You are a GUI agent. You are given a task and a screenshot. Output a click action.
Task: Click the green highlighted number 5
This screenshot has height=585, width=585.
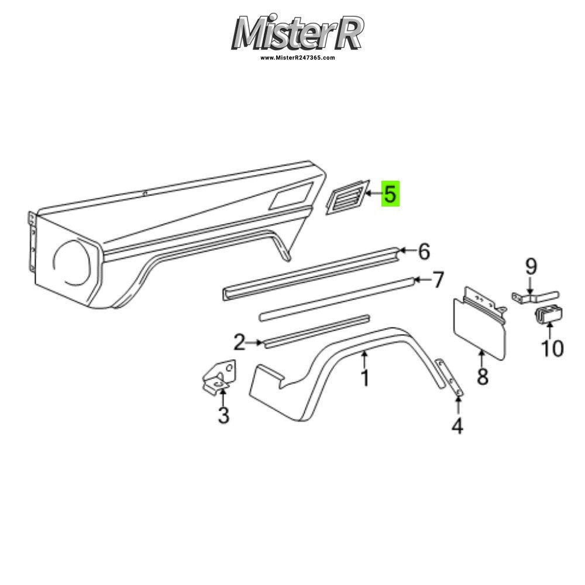390,194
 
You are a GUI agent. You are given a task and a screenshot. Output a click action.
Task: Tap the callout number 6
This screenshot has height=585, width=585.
424,251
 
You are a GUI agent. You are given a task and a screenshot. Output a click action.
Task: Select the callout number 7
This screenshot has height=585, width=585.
437,280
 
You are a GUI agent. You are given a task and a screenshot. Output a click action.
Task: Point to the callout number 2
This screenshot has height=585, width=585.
239,342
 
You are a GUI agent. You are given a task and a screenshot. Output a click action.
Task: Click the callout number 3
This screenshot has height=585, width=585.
223,415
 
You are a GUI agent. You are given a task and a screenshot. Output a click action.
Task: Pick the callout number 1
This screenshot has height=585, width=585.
365,378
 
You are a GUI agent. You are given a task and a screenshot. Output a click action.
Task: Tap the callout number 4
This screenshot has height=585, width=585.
457,426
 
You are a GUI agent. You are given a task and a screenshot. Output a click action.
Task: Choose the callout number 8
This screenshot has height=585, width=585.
483,376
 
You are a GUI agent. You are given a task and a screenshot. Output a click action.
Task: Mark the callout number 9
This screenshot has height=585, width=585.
531,267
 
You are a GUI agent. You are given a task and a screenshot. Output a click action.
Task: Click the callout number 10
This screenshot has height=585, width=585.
552,349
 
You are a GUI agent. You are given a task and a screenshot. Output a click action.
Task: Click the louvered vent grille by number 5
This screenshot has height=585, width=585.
347,197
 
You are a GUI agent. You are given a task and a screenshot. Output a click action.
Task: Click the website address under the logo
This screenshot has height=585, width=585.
297,58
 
